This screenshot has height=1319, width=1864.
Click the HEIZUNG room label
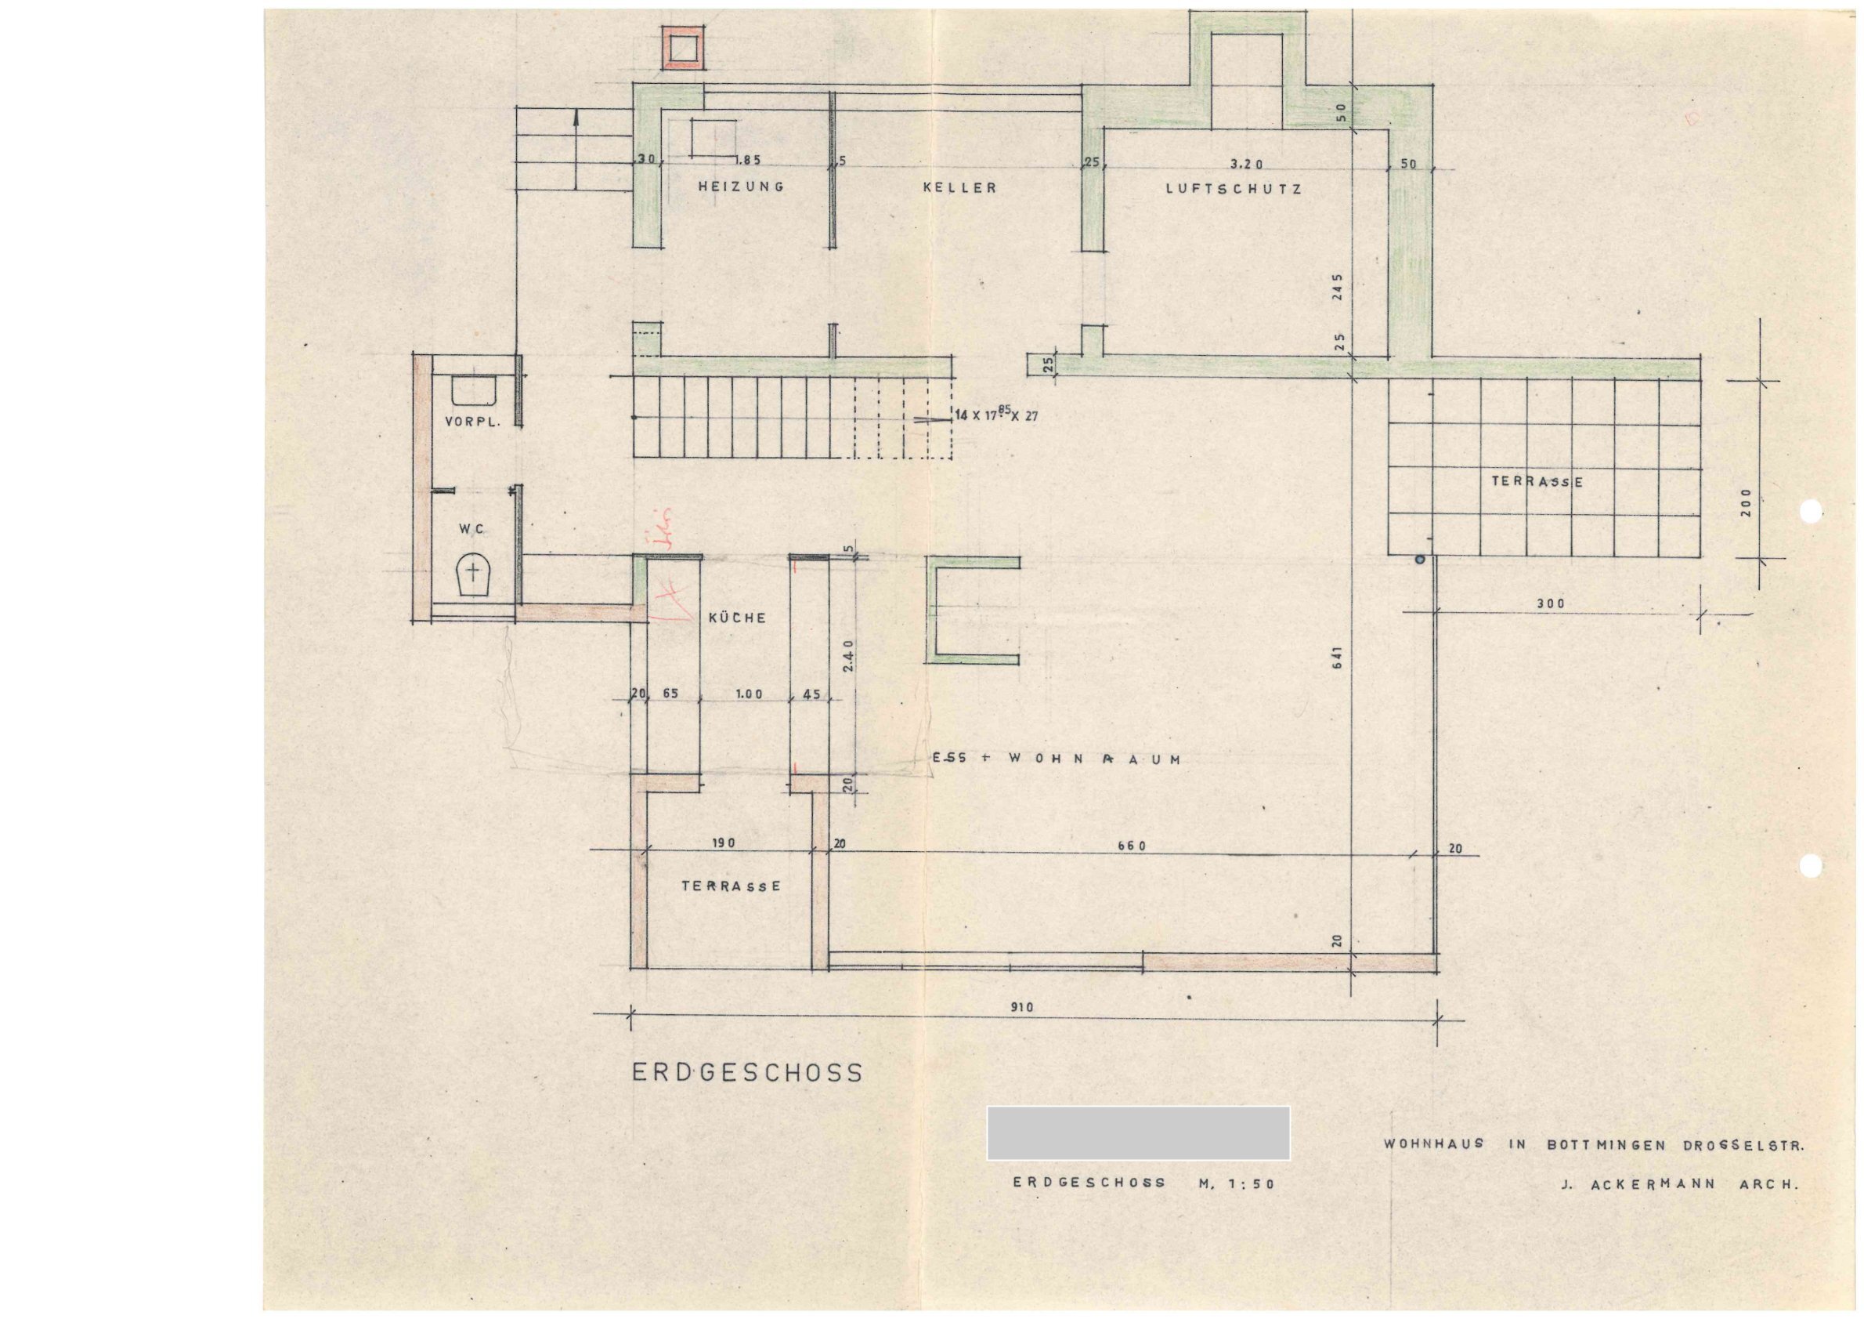[x=741, y=187]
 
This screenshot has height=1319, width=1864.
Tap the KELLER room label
[x=959, y=187]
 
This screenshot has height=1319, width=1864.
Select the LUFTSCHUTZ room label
[x=1234, y=188]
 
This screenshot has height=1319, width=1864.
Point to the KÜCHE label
[x=737, y=618]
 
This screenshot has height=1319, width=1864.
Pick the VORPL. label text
[x=471, y=422]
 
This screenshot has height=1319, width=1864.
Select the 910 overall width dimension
[x=1021, y=1008]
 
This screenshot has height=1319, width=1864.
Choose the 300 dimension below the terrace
[x=1549, y=604]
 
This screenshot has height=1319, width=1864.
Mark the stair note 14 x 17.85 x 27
[x=996, y=415]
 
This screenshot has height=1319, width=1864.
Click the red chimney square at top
[x=682, y=46]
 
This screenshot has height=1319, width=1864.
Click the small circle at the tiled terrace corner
[x=1419, y=559]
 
